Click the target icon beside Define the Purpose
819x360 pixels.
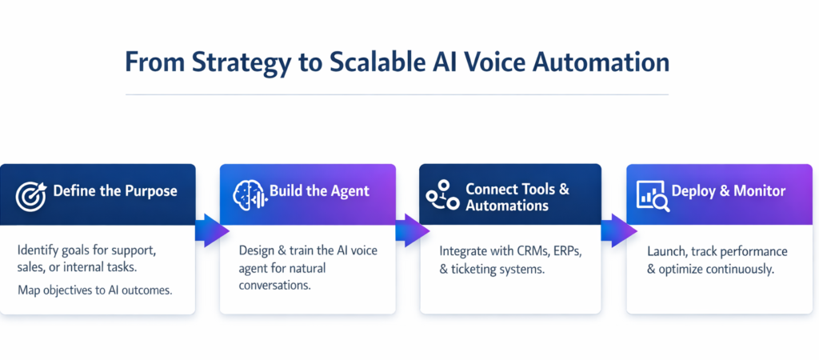(x=30, y=193)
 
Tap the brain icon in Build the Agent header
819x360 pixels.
(x=247, y=193)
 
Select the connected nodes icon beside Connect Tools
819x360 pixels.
(x=441, y=197)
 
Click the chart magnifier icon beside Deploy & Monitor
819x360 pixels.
(x=651, y=193)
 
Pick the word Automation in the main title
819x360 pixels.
(x=613, y=62)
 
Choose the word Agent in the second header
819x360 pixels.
(x=349, y=191)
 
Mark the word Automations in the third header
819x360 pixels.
(x=507, y=206)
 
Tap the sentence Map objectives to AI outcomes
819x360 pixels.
(x=95, y=289)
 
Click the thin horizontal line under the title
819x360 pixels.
(x=397, y=94)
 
